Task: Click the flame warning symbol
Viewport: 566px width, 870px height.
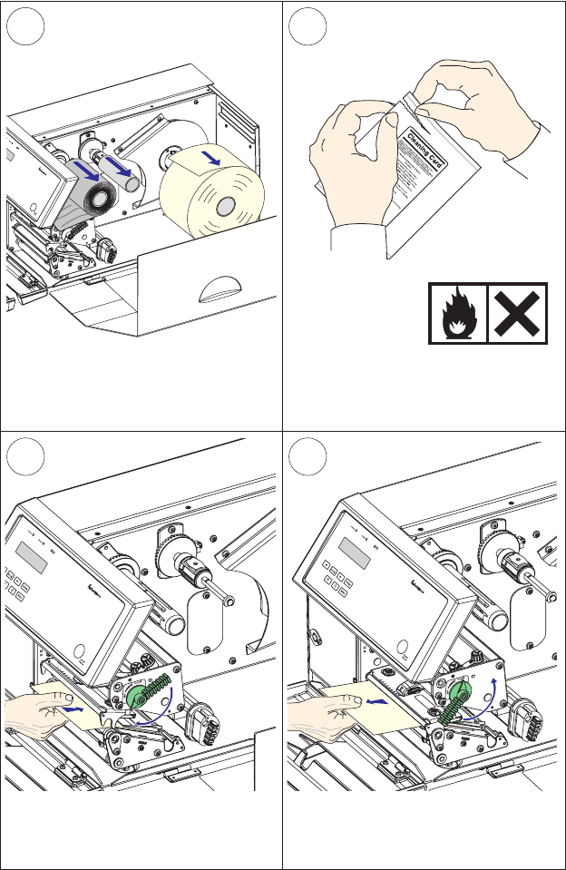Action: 457,313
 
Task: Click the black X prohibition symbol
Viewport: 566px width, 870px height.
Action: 518,313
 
